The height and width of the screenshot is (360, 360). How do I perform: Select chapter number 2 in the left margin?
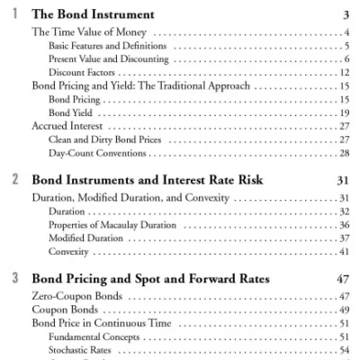[x=14, y=179]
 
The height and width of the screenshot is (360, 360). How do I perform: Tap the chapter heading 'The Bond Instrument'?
[x=93, y=14]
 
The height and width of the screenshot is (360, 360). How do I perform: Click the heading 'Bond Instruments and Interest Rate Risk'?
[x=147, y=180]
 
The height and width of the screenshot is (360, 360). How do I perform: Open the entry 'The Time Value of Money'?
[x=84, y=33]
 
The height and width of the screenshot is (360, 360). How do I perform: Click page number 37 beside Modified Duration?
[x=345, y=238]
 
